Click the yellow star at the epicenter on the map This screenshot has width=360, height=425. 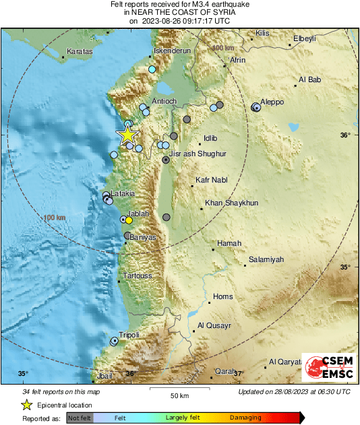127,135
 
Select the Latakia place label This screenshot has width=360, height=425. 122,194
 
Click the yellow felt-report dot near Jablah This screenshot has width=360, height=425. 129,220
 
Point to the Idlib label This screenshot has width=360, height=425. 211,139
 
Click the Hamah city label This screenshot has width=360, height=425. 229,243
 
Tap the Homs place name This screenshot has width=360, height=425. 222,296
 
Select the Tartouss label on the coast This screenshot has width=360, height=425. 137,276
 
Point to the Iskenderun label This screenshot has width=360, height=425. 174,51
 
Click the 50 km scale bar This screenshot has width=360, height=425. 178,389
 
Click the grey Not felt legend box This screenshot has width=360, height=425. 80,418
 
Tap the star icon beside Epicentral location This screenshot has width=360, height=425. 27,405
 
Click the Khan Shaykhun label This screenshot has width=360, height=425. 231,203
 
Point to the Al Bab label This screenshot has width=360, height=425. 309,81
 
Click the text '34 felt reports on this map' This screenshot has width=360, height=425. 61,392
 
